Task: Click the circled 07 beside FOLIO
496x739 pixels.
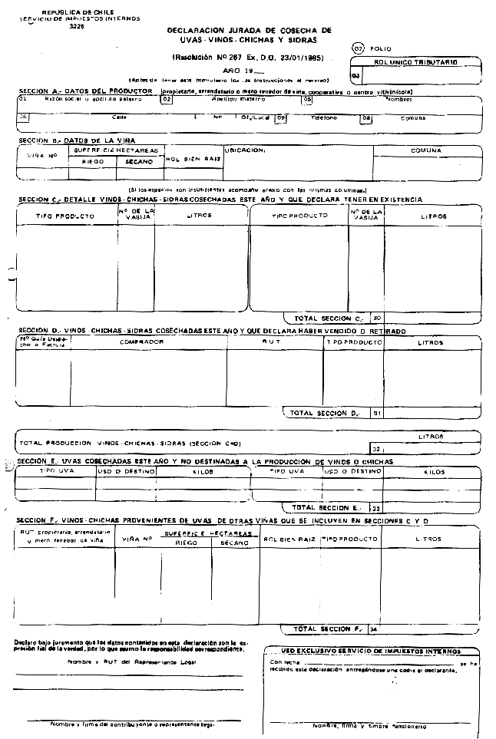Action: pyautogui.click(x=357, y=48)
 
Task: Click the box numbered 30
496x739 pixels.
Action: pyautogui.click(x=376, y=317)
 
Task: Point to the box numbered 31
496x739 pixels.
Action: pyautogui.click(x=376, y=413)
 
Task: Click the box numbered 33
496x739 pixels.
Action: pyautogui.click(x=376, y=507)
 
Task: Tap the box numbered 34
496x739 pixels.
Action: pyautogui.click(x=374, y=629)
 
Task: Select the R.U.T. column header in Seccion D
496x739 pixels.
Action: pyautogui.click(x=272, y=342)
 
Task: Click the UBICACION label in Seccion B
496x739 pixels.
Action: pyautogui.click(x=245, y=150)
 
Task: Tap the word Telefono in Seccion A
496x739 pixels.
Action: pyautogui.click(x=324, y=118)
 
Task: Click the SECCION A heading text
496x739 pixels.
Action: pyautogui.click(x=84, y=92)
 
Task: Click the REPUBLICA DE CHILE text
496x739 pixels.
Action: pyautogui.click(x=71, y=14)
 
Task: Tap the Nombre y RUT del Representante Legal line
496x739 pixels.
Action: pyautogui.click(x=127, y=661)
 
